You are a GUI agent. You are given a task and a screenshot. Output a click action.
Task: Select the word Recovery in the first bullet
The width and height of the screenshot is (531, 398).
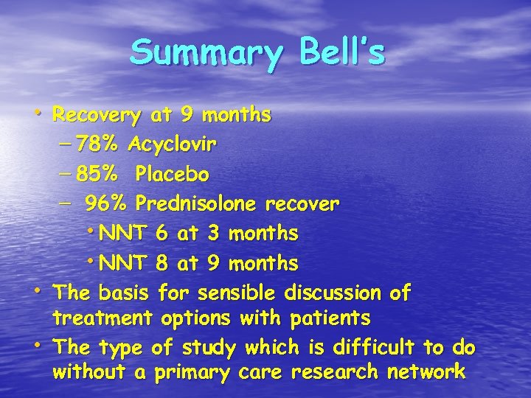pos(97,116)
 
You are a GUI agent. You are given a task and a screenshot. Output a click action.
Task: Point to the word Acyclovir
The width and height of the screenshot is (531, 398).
pos(172,145)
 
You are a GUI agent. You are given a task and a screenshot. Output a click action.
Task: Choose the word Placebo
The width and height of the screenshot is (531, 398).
pos(172,175)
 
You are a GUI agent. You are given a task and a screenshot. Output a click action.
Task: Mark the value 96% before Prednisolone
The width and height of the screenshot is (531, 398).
pos(108,203)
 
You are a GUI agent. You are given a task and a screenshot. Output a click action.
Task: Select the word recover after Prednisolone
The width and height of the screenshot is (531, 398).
pos(302,203)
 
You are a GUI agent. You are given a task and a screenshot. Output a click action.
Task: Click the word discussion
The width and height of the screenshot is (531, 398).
pos(339,293)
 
